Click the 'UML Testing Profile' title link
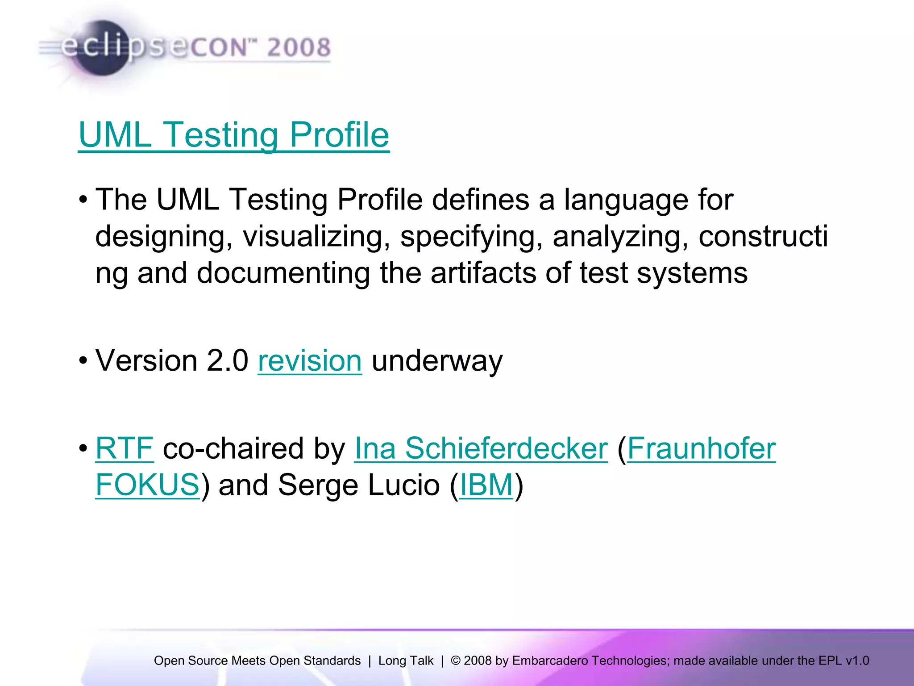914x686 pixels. pos(233,135)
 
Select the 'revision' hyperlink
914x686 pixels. pos(310,360)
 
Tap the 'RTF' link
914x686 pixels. pos(125,448)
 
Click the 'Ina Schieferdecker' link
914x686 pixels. pos(481,448)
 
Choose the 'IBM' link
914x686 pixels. pos(486,485)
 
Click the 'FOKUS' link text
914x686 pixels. pos(147,485)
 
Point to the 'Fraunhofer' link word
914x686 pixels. pos(702,448)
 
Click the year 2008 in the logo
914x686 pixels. pos(299,48)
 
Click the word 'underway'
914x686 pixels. pos(437,360)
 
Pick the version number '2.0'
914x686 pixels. pos(227,360)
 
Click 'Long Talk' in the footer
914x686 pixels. pos(406,661)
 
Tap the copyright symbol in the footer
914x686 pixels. pos(455,661)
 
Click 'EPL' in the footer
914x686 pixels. pos(830,661)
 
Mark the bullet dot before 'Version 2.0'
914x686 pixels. pos(83,360)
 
